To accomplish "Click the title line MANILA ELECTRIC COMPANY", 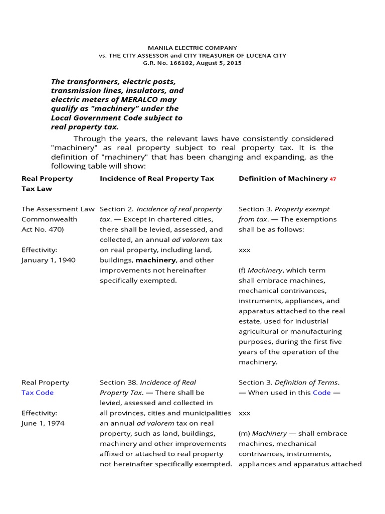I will [x=192, y=48].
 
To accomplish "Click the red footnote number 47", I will [x=333, y=179].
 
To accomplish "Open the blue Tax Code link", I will [x=38, y=393].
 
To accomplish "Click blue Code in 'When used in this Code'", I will [x=321, y=393].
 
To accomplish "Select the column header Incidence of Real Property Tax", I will [x=157, y=178].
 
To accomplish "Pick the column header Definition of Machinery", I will [x=283, y=178].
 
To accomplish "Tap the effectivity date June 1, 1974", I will [x=43, y=423].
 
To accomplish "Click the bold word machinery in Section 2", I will [x=155, y=260].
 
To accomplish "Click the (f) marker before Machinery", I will [x=243, y=270].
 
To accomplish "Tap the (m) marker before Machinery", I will [x=244, y=433].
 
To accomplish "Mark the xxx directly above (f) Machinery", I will [x=244, y=249].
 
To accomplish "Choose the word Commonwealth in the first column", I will [x=49, y=219].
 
